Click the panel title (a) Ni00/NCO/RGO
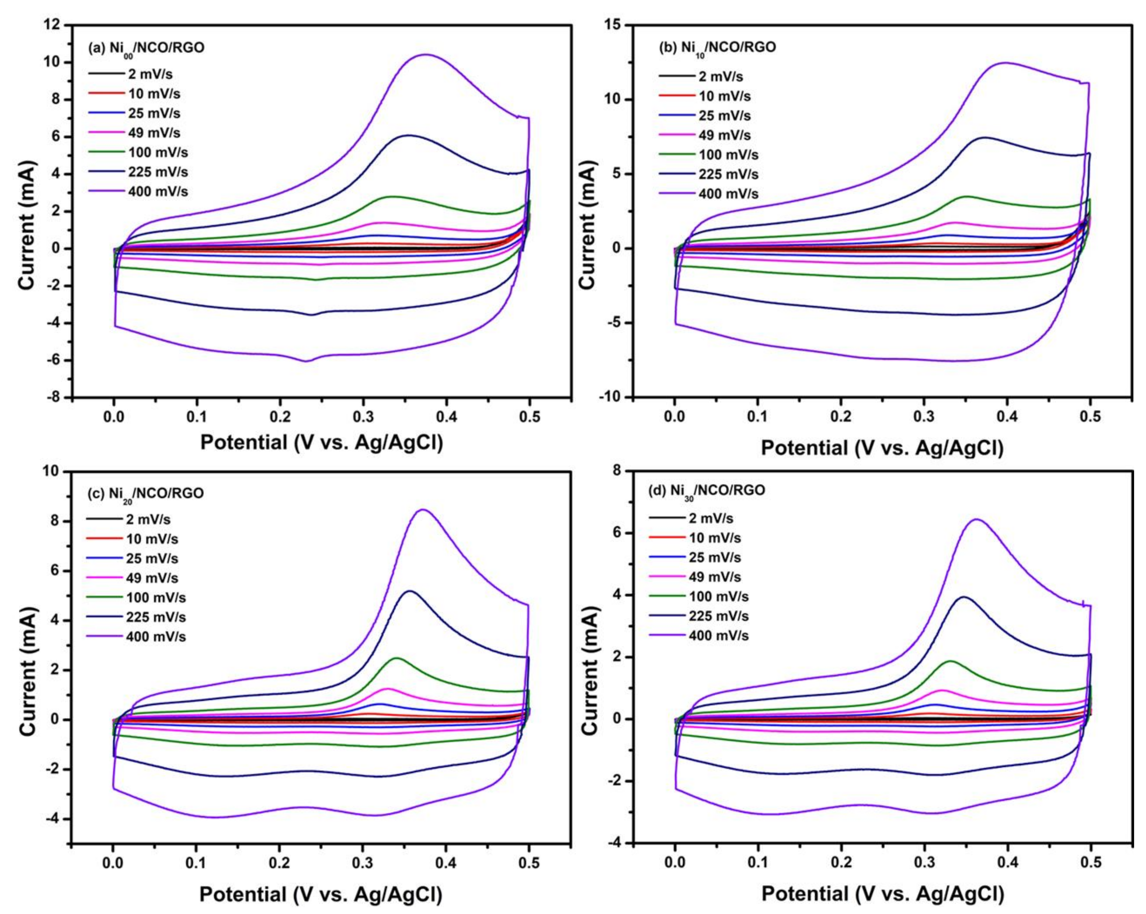146,48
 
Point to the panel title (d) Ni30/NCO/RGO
707,490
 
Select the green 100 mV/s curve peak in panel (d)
950,661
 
